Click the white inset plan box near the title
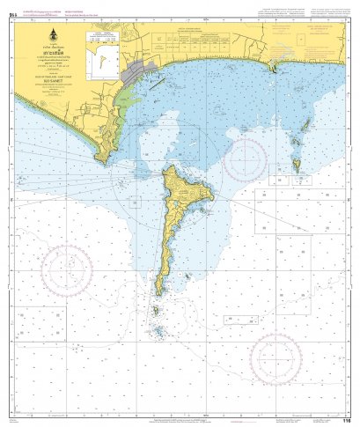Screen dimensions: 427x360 click(101, 47)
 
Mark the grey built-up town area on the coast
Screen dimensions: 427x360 click(141, 70)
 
